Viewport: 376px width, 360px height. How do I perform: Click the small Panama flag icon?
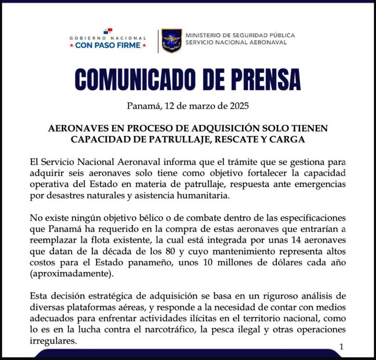108,31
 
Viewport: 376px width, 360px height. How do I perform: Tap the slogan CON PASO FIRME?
108,45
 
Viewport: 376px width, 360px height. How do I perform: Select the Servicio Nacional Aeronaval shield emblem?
172,41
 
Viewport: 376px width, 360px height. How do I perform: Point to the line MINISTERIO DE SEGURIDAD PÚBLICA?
240,35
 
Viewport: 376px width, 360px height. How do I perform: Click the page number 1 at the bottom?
341,346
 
